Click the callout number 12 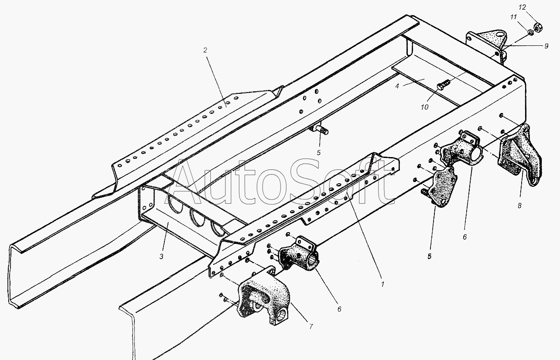tap(522, 7)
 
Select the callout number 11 tap(513, 17)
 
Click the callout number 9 tap(546, 46)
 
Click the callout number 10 tap(424, 107)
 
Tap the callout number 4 tap(397, 86)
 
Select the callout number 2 tap(205, 50)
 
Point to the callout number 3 tap(161, 257)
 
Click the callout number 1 tap(382, 284)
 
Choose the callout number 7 tap(311, 326)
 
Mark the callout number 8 tap(519, 206)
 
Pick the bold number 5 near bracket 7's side tap(429, 256)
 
